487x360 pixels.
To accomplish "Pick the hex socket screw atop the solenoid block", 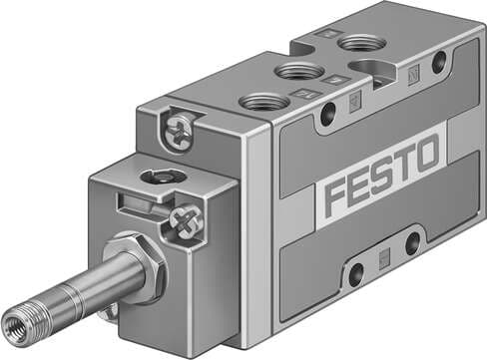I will [158, 177].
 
